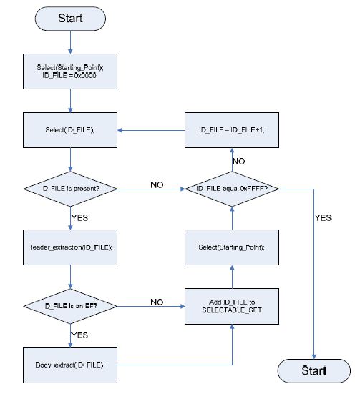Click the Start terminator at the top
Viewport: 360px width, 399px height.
70,19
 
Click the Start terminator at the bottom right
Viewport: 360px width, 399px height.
314,370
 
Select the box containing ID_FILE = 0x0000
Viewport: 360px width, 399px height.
70,72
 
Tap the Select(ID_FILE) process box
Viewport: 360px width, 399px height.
70,130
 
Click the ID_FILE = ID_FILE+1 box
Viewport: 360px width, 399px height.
232,130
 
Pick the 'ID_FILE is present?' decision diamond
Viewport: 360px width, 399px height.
70,189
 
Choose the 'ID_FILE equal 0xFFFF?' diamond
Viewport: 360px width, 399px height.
232,189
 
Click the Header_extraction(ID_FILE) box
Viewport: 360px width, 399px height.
70,247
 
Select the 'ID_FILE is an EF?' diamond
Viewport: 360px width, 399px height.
70,306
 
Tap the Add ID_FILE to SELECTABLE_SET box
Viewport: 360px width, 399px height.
232,306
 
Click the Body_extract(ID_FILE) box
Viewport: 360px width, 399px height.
70,365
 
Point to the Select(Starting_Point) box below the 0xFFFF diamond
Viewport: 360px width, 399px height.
232,247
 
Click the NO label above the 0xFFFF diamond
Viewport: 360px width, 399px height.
239,162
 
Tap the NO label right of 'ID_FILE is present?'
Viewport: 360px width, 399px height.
157,184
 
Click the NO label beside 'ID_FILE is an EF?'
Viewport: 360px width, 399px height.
157,302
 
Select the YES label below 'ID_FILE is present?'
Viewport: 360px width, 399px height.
79,218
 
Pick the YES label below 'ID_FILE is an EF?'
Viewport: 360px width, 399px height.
79,335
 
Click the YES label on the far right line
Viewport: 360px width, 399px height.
323,218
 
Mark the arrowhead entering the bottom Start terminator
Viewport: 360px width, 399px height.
314,357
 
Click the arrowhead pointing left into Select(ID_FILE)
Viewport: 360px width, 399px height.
120,130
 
